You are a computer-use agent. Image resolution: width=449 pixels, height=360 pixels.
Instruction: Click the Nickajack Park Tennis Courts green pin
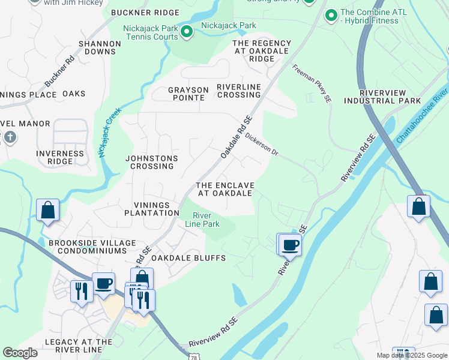[x=187, y=32]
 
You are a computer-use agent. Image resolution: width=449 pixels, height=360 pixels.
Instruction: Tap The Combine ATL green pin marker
[x=330, y=15]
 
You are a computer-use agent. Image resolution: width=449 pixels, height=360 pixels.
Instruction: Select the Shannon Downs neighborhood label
[x=100, y=47]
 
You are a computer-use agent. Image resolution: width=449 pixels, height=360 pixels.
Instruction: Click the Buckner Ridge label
[x=145, y=13]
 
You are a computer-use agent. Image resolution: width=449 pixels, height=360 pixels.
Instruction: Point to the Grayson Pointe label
[x=188, y=94]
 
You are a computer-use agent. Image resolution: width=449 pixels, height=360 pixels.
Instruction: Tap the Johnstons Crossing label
[x=151, y=162]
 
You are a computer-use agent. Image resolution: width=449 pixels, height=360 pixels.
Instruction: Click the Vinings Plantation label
[x=152, y=208]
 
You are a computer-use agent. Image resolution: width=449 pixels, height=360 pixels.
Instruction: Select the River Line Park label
[x=206, y=220]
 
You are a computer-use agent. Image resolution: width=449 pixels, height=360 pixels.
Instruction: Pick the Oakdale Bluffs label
[x=188, y=258]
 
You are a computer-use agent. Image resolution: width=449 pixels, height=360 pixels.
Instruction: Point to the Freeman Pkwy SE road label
[x=312, y=77]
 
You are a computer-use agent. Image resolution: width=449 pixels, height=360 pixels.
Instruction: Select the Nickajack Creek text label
[x=110, y=133]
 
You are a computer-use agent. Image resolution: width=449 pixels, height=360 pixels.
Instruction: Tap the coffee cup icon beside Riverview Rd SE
[x=290, y=245]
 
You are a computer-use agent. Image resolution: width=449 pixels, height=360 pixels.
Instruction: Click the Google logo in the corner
[x=20, y=353]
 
